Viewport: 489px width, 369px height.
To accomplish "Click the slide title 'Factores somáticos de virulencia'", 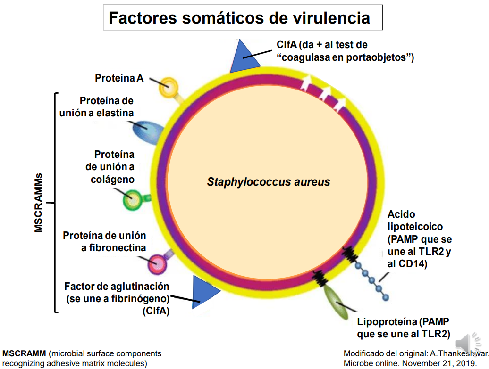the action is tap(239, 18).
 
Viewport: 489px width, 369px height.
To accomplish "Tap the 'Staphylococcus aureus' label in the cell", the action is tap(269, 182).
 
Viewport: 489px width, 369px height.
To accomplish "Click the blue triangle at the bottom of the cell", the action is tap(204, 292).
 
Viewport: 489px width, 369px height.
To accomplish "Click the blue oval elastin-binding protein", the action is tap(146, 131).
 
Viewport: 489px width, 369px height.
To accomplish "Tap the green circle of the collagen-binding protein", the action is tap(132, 200).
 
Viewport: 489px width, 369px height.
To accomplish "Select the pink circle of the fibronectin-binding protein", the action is tap(157, 265).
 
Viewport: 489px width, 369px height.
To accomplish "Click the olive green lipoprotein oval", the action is tap(336, 300).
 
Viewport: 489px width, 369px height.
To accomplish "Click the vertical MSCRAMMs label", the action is tap(39, 202).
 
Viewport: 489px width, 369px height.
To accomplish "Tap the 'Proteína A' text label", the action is tap(119, 78).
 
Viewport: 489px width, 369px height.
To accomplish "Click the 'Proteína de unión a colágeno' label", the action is tap(110, 167).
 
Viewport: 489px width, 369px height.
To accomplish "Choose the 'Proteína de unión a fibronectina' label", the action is tap(105, 241).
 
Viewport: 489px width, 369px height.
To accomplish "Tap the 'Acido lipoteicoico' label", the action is tap(418, 239).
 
